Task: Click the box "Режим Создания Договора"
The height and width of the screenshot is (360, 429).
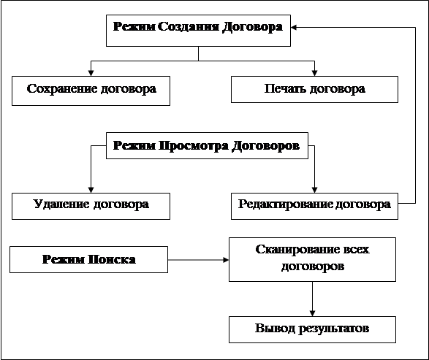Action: tap(198, 31)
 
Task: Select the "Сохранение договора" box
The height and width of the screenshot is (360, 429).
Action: tap(91, 91)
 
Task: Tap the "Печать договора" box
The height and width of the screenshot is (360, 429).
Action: tap(315, 89)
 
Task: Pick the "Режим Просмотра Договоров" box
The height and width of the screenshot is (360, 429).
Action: tap(207, 146)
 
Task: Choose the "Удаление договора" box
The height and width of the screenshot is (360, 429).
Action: tap(91, 206)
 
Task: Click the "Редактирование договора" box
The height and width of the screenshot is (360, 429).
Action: tap(315, 206)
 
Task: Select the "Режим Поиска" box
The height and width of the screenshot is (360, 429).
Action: tap(88, 259)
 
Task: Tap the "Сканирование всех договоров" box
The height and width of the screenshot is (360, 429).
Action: tap(313, 259)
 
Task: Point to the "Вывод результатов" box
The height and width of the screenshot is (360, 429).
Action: tap(313, 329)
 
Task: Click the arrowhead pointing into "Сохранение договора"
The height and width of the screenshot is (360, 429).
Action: tap(91, 73)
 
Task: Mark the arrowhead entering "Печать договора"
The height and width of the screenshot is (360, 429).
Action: tap(315, 73)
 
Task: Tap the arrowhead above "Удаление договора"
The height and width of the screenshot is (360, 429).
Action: tap(91, 190)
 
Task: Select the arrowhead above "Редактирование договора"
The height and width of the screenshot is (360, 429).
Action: tap(315, 190)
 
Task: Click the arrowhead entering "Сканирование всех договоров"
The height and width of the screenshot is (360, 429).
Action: tap(226, 260)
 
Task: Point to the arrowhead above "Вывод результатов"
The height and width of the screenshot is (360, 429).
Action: tap(313, 313)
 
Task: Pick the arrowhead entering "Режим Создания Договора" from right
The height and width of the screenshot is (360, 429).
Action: tap(294, 27)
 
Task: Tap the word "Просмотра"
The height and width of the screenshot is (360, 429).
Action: tap(194, 146)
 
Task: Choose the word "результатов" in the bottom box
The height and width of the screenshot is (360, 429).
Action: tap(333, 329)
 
